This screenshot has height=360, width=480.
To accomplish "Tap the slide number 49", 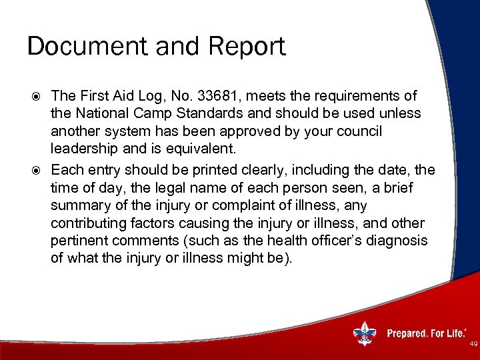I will pyautogui.click(x=473, y=344).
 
